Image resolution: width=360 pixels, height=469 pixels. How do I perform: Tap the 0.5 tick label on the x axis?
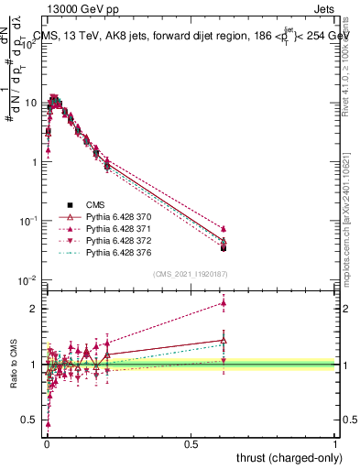191,442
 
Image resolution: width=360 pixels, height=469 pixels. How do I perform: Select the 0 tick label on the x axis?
47,442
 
